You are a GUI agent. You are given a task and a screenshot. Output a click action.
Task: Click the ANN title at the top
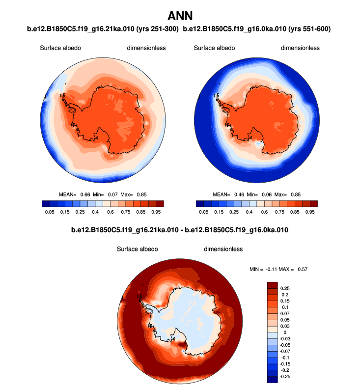pos(180,16)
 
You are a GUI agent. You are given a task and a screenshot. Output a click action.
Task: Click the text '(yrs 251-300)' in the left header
pos(156,29)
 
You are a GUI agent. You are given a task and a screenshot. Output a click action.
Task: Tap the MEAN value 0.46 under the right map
pos(238,194)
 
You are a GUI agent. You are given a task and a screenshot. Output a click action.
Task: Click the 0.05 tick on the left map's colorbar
pos(49,212)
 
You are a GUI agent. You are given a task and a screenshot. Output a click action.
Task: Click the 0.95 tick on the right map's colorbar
pos(310,212)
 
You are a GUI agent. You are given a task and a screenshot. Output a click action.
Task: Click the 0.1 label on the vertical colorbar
pos(286,307)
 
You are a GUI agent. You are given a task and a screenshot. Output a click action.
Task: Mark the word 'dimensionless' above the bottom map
pos(223,249)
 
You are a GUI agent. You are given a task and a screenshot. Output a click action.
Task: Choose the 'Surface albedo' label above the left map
pos(60,48)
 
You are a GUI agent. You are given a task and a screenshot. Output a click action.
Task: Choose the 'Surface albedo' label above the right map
pos(214,48)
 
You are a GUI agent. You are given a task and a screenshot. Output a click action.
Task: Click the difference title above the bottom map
pos(180,230)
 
